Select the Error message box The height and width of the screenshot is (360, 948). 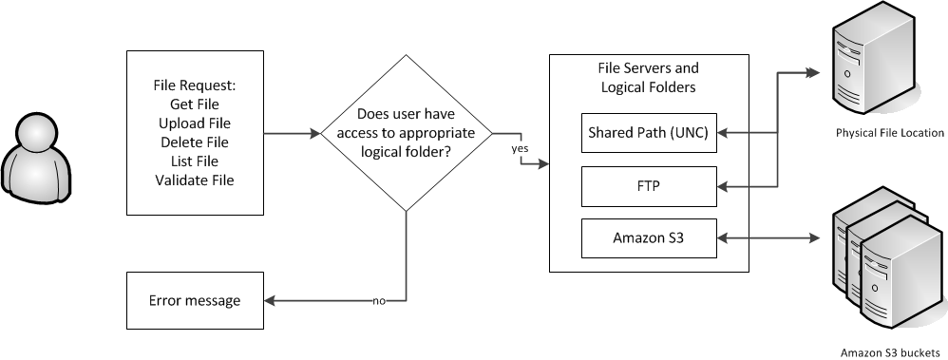195,301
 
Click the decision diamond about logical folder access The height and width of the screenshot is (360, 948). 407,134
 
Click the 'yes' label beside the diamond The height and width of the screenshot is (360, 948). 520,149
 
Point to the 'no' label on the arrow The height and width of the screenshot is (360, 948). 379,302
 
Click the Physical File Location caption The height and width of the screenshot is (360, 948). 889,133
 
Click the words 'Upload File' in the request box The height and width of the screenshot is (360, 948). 195,123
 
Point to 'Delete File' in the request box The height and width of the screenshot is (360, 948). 195,142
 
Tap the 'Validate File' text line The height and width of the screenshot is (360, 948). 195,180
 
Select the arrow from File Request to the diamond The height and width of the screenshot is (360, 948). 291,134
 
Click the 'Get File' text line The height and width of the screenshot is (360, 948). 195,104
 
